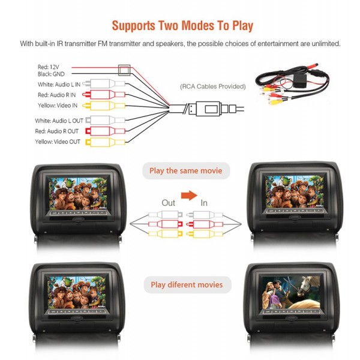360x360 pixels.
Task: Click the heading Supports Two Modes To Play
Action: pos(182,26)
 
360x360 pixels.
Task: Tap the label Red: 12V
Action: pos(49,67)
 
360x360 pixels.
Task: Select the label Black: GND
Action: pos(51,74)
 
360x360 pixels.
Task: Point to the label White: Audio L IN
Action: pos(59,85)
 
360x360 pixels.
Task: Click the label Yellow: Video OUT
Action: pos(58,142)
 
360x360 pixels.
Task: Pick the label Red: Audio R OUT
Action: pos(57,131)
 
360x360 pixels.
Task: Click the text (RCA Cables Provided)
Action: pos(213,86)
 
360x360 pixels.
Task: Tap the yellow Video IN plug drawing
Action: pos(104,106)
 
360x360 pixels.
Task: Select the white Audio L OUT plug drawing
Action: pos(105,120)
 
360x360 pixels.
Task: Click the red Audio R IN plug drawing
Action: pos(104,94)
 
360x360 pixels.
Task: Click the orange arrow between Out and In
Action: pos(189,196)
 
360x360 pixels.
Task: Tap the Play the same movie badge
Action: pos(186,170)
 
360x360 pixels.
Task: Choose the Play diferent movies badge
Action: pos(187,284)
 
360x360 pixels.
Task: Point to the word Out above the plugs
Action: pos(168,203)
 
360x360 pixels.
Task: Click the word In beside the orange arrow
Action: pos(204,203)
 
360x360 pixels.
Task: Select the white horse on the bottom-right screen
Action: pos(307,287)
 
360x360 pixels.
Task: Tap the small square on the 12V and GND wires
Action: pos(124,70)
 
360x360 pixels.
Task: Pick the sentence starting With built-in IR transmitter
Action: pos(180,44)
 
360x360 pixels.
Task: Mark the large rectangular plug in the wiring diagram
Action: pos(208,109)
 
